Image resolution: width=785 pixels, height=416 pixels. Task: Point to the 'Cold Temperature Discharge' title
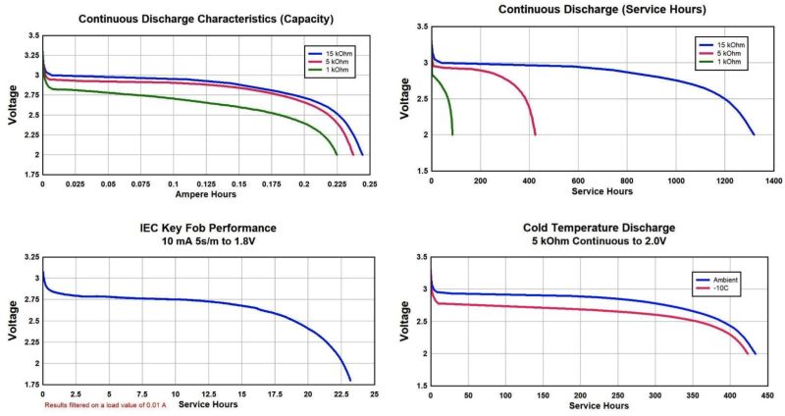pos(600,228)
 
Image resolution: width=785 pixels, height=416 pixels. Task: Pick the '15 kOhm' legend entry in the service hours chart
pos(721,45)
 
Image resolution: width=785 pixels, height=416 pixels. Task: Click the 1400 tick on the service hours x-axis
pos(773,182)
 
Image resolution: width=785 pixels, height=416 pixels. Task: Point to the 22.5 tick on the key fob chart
pos(341,394)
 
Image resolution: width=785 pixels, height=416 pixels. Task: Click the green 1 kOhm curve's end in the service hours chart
pos(451,133)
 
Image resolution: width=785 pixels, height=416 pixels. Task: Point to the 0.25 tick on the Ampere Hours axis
pos(369,183)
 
